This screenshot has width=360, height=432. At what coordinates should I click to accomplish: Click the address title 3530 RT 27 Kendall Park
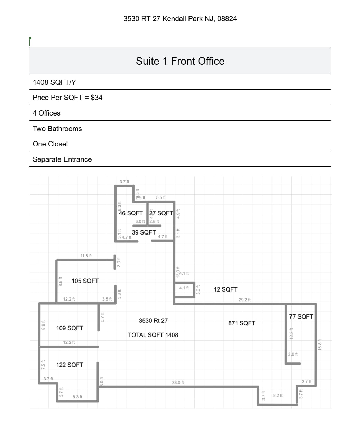[x=180, y=19]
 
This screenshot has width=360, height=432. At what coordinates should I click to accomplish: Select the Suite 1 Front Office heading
[x=180, y=61]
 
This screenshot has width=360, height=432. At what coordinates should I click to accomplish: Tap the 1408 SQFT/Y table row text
[x=54, y=82]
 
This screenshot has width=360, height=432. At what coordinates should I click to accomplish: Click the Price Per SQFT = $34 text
[x=67, y=98]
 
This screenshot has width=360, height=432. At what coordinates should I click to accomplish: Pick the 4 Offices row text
[x=46, y=113]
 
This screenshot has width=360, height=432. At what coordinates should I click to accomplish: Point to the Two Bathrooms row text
[x=57, y=129]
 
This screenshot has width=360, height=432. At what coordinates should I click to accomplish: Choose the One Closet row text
[x=50, y=144]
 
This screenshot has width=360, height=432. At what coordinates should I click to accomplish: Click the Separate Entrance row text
[x=62, y=159]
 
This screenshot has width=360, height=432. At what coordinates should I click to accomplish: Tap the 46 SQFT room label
[x=131, y=213]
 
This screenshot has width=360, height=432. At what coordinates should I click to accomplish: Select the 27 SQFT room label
[x=161, y=213]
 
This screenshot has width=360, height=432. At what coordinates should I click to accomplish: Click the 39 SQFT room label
[x=144, y=232]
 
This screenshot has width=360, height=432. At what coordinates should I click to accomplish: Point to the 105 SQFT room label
[x=85, y=281]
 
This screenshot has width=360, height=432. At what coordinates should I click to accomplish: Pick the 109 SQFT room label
[x=70, y=328]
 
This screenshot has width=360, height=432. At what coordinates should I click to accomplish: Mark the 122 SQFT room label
[x=70, y=365]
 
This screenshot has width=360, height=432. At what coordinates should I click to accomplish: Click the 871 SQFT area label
[x=241, y=323]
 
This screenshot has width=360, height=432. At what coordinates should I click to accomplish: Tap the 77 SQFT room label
[x=301, y=316]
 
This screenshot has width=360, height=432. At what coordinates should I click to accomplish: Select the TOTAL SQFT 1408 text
[x=153, y=335]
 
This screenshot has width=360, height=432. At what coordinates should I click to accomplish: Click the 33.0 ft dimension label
[x=178, y=383]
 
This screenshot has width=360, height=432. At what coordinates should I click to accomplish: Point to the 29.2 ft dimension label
[x=244, y=300]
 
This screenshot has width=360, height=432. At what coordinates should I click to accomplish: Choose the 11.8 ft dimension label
[x=86, y=256]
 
